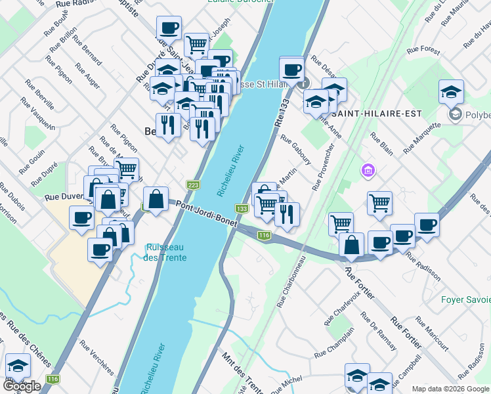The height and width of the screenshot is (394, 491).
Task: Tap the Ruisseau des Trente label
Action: click(166, 253)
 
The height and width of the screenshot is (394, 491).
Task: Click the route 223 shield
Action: click(193, 186)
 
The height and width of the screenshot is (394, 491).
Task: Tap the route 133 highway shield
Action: click(242, 209)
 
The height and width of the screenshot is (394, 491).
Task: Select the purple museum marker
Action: click(368, 171)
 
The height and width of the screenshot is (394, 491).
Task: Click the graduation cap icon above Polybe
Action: click(451, 91)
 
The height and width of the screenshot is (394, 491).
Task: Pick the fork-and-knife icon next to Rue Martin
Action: click(287, 213)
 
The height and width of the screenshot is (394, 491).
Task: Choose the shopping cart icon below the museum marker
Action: click(379, 203)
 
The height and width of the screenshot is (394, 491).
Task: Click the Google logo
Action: click(21, 386)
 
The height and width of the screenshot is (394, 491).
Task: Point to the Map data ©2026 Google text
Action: click(450, 389)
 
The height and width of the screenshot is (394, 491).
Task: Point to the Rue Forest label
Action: click(423, 49)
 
